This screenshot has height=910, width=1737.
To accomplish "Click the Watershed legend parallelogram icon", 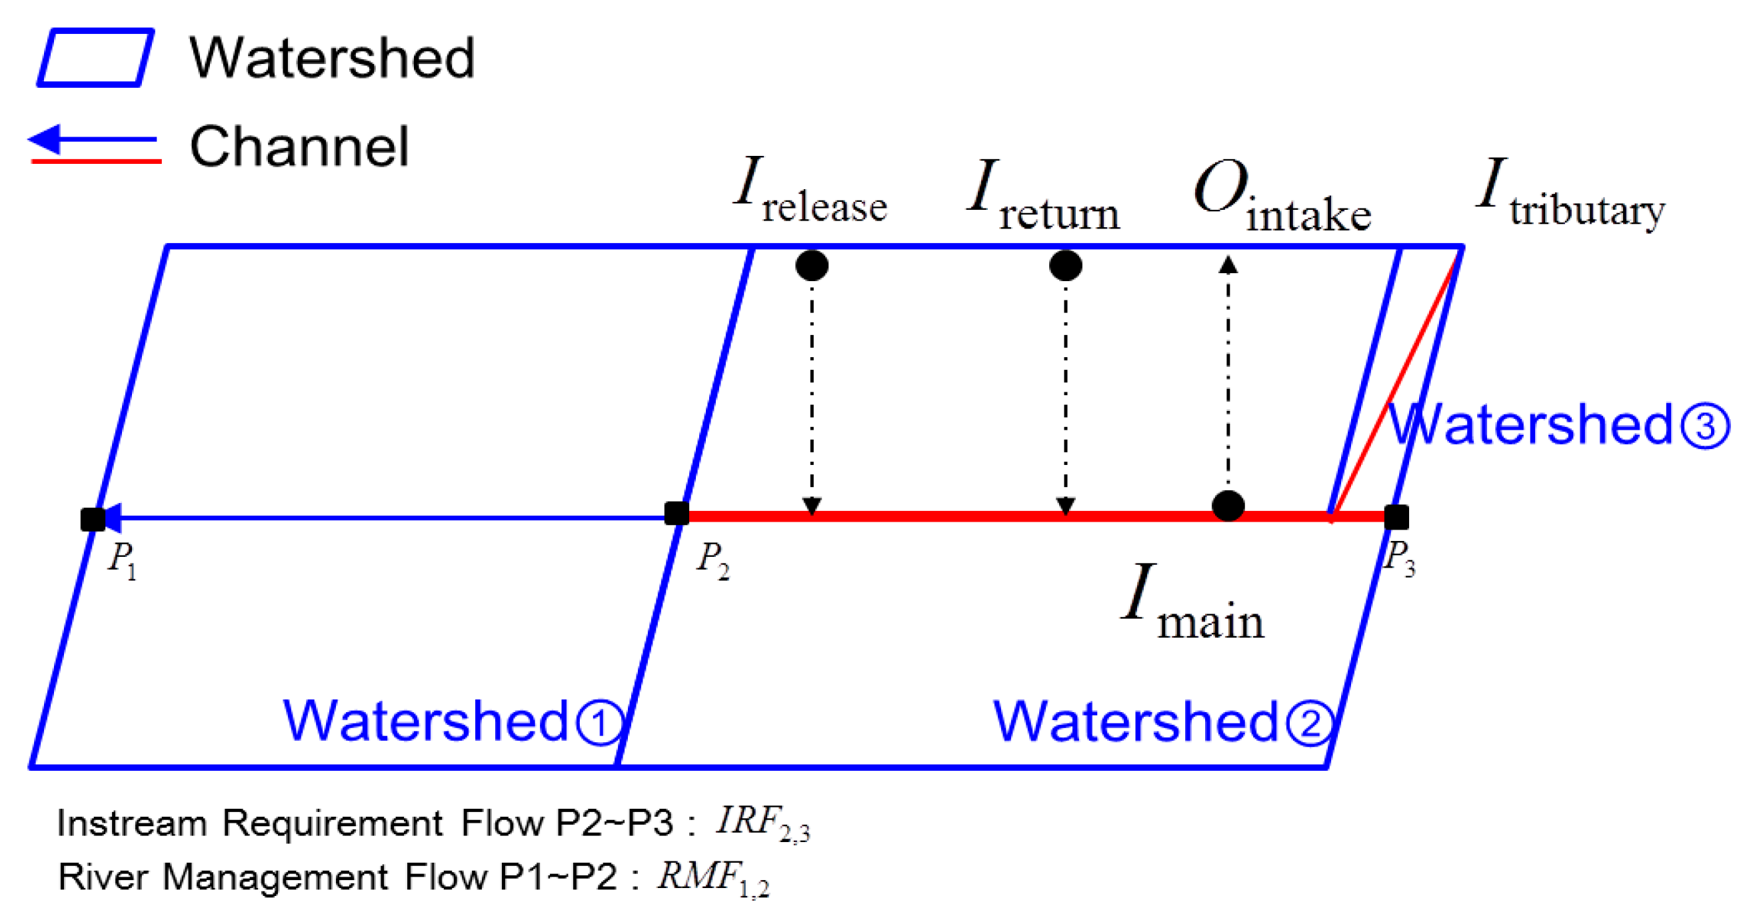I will point(95,57).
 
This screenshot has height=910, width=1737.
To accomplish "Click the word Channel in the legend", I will point(299,147).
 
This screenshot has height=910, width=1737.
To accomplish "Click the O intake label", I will point(1281,197).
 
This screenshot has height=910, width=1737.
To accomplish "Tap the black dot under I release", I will point(812,266).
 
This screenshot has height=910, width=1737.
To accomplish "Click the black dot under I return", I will point(1065,266).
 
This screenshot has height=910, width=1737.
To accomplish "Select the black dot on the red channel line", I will point(1228,506).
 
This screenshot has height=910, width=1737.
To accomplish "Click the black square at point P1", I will point(93,519).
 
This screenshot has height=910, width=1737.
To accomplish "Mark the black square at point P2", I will point(677,514).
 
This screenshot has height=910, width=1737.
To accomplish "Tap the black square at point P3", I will point(1396,517).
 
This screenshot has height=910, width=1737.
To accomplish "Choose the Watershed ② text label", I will point(1163,722).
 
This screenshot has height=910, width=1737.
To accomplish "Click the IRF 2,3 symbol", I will point(762,823).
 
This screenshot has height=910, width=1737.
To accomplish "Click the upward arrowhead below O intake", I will point(1228,265).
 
